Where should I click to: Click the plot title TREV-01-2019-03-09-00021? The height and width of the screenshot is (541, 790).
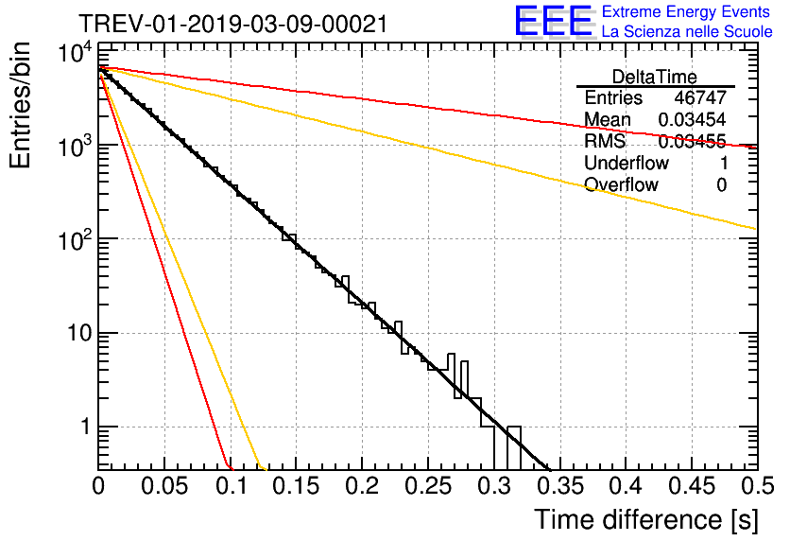point(232,24)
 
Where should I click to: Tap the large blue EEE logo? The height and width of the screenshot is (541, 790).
point(553,22)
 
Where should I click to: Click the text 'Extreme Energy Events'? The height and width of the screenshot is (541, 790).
point(687,12)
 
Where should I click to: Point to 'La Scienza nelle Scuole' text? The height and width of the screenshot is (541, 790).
point(687,31)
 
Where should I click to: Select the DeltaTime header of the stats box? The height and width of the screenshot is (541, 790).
point(655,76)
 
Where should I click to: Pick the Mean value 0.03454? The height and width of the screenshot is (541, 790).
point(692,120)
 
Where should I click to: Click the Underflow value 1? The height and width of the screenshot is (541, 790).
point(721,164)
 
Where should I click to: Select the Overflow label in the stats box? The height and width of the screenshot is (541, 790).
point(621,185)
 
